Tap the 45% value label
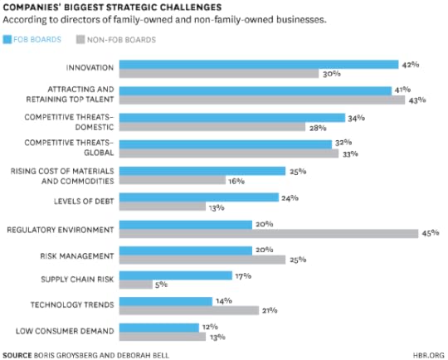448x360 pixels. tap(430, 234)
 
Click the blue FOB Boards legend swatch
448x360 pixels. tap(8, 39)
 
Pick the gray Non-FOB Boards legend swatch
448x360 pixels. tap(80, 39)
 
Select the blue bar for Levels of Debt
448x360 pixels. tap(199, 197)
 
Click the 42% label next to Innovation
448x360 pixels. tap(409, 64)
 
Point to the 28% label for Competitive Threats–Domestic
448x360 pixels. tap(316, 127)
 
